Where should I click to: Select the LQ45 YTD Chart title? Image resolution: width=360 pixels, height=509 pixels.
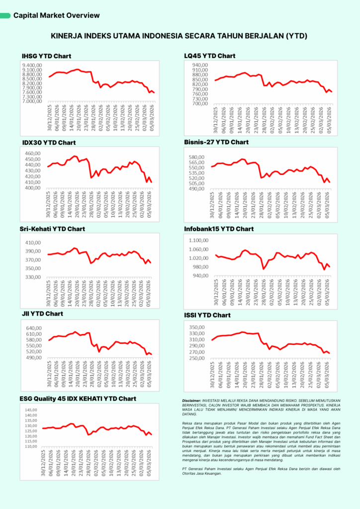(x=210, y=56)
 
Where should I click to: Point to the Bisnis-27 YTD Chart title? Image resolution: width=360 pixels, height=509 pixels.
(x=216, y=142)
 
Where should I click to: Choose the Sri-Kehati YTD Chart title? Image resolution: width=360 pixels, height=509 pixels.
(x=53, y=229)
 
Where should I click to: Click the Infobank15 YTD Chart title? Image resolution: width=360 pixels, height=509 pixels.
(x=219, y=229)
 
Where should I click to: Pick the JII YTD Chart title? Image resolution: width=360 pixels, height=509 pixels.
(x=42, y=314)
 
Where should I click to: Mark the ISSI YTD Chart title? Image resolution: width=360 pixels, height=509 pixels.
(x=207, y=315)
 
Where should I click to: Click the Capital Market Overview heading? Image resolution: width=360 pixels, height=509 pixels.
(x=57, y=15)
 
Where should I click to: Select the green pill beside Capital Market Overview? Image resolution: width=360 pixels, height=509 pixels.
(x=5, y=16)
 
